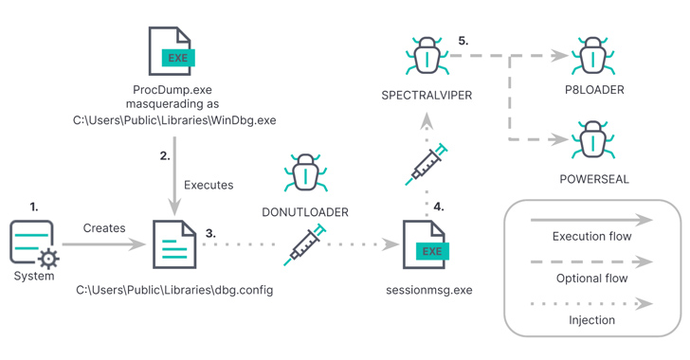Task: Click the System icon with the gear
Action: (34, 244)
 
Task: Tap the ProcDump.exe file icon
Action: (172, 51)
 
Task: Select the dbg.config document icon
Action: (174, 244)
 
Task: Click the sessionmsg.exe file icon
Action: (426, 244)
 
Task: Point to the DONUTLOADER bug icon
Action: (305, 172)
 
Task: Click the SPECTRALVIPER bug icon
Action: (427, 56)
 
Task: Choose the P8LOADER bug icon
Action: (593, 56)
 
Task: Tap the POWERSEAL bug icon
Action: (593, 139)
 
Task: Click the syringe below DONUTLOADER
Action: (304, 245)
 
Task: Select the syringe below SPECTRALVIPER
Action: (426, 165)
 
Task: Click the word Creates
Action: (104, 228)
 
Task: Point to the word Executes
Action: (209, 185)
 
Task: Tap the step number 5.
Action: (463, 41)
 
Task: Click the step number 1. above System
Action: (34, 207)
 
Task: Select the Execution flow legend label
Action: (591, 236)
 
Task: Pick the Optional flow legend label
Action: (591, 279)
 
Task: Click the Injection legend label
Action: (591, 320)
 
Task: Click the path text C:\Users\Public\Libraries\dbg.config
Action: (174, 290)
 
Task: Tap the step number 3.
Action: (210, 233)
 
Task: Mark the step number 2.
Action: (165, 155)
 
